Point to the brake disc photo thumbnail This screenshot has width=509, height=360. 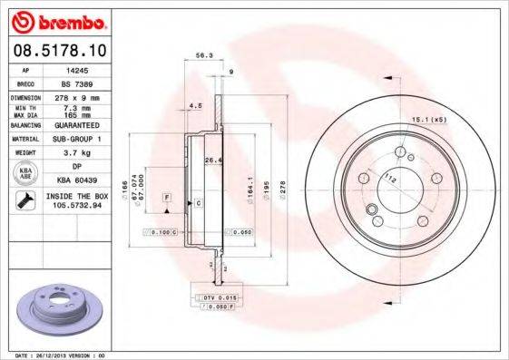pyautogui.click(x=55, y=310)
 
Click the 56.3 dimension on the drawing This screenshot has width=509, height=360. pyautogui.click(x=204, y=56)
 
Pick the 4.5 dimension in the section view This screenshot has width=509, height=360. pyautogui.click(x=193, y=107)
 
